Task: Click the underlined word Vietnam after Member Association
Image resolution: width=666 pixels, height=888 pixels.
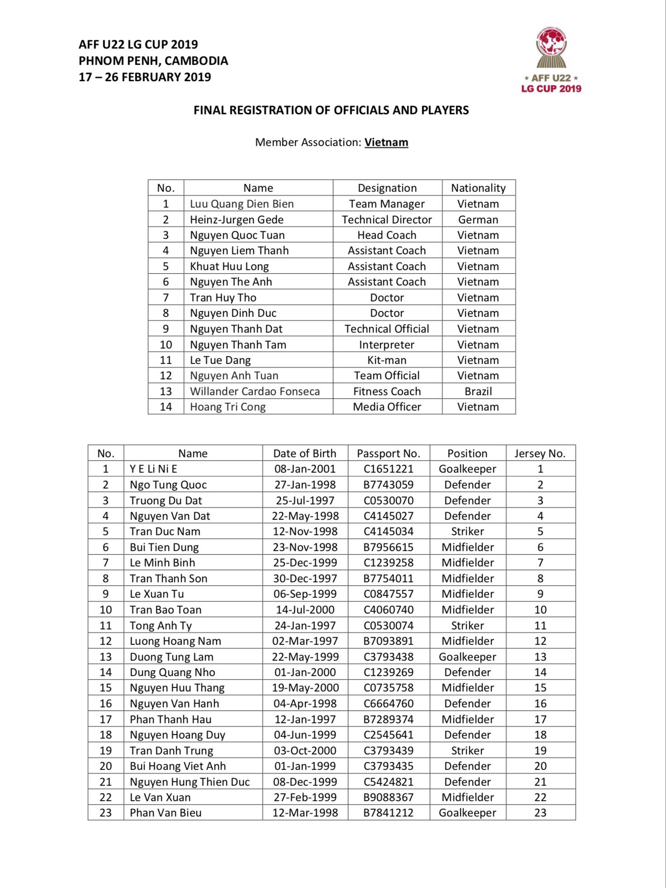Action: pyautogui.click(x=386, y=142)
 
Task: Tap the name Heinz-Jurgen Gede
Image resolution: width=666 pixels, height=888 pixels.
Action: pyautogui.click(x=236, y=220)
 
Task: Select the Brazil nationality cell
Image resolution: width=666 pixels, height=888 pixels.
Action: pyautogui.click(x=478, y=391)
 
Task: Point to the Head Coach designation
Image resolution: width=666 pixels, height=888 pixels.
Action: pyautogui.click(x=386, y=235)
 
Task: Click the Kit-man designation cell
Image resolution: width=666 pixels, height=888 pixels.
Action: pyautogui.click(x=386, y=360)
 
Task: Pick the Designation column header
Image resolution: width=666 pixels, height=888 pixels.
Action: pyautogui.click(x=387, y=188)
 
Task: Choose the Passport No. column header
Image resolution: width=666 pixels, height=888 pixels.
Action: pyautogui.click(x=388, y=454)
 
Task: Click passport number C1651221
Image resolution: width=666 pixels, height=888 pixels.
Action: pyautogui.click(x=388, y=469)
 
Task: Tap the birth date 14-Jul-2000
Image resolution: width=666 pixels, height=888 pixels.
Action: pyautogui.click(x=305, y=610)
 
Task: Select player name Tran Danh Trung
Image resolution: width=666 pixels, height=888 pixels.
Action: pyautogui.click(x=171, y=751)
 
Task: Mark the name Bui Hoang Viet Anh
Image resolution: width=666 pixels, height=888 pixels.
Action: pyautogui.click(x=178, y=766)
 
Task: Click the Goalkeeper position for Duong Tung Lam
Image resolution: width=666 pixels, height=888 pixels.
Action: pyautogui.click(x=467, y=657)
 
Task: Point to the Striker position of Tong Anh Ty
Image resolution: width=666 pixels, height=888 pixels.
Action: pyautogui.click(x=467, y=626)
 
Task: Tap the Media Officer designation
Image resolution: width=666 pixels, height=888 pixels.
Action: pyautogui.click(x=386, y=407)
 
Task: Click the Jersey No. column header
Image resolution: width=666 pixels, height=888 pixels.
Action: pyautogui.click(x=540, y=454)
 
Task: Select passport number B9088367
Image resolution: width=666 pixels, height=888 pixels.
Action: pyautogui.click(x=388, y=797)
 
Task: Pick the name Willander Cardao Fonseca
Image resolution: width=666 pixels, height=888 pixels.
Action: pyautogui.click(x=255, y=391)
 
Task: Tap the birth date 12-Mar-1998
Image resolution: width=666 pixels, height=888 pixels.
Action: pyautogui.click(x=305, y=813)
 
